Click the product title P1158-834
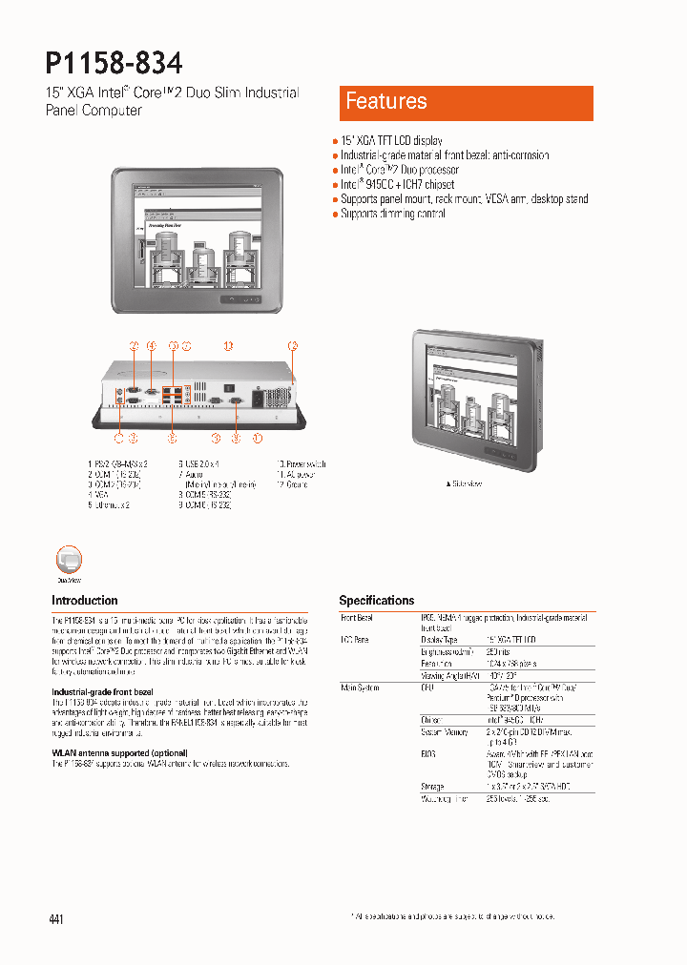click(x=114, y=63)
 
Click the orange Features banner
click(x=466, y=102)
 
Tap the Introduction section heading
click(x=84, y=601)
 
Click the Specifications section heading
click(x=377, y=601)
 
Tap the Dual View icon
click(x=70, y=561)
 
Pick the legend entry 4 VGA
click(x=98, y=495)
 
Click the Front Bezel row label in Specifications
click(x=357, y=618)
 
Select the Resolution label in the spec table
click(x=436, y=662)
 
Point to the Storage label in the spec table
click(x=431, y=787)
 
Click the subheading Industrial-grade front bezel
click(x=102, y=691)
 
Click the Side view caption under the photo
click(x=465, y=484)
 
